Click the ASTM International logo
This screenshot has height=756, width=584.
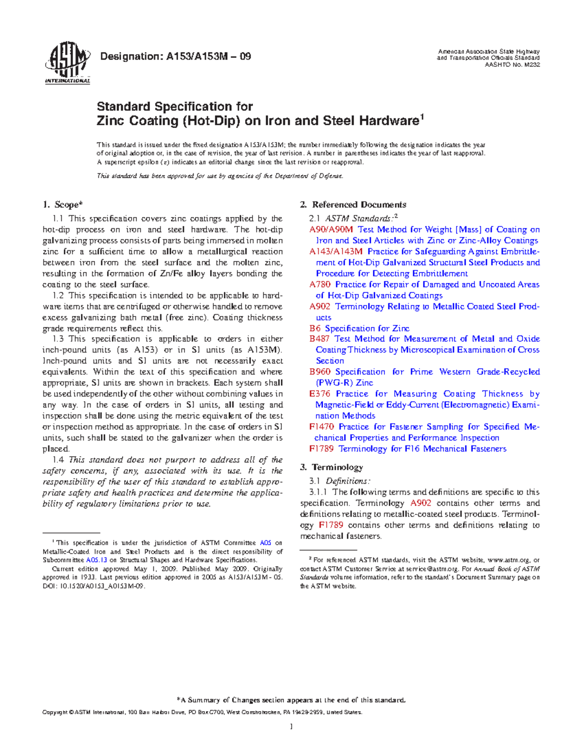coord(67,63)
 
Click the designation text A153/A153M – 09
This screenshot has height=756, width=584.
coord(175,56)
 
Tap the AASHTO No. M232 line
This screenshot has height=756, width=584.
coord(512,64)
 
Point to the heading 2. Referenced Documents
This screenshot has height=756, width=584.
coord(353,205)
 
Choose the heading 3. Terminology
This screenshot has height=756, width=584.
coord(331,467)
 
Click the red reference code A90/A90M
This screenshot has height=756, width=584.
coord(331,229)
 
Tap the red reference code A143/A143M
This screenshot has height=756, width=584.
coord(336,251)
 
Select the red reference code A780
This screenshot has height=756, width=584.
coord(320,284)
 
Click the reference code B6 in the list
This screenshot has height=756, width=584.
coord(314,328)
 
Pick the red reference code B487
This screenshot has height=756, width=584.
coord(319,339)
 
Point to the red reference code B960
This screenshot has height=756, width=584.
coord(320,371)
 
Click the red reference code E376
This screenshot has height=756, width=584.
coord(320,393)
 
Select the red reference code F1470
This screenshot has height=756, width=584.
coord(322,426)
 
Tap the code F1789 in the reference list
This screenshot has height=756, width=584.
coord(322,448)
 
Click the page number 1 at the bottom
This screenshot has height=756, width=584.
coord(292,727)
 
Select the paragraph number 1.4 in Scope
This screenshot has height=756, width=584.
coord(58,460)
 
